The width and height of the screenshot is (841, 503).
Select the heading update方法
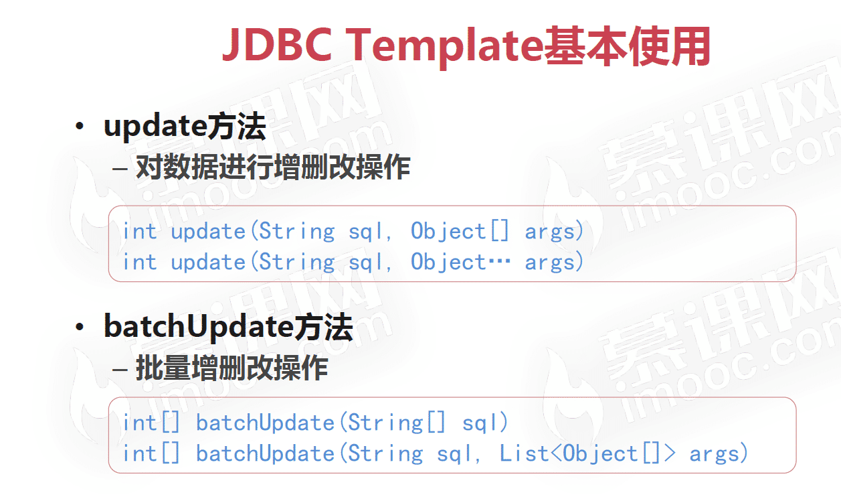pos(185,127)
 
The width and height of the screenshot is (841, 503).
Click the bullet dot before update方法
pos(80,127)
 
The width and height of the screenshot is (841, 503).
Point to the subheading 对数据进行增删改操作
pos(272,167)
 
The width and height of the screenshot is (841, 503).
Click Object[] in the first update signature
pos(460,232)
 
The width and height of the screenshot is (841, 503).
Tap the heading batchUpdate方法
pos(228,328)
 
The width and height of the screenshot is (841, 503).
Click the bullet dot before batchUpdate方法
pos(80,328)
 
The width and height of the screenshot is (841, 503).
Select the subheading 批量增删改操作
pos(231,368)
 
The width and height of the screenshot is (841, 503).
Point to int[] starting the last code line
pos(151,453)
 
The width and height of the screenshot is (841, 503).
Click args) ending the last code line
pos(719,453)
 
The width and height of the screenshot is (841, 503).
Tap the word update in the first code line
pos(208,232)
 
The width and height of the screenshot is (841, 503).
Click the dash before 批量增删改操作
pos(120,369)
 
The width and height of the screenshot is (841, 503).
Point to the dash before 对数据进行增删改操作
pos(120,168)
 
